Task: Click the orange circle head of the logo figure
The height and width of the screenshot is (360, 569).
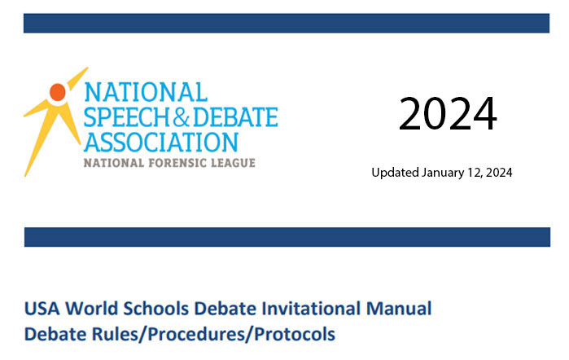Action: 58,92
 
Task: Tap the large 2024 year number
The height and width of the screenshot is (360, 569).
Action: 448,114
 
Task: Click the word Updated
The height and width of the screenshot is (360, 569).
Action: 395,173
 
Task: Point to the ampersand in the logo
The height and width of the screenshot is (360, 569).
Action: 181,117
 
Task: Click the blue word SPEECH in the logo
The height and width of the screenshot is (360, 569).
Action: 127,117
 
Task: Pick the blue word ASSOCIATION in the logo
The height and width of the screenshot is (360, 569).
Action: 161,142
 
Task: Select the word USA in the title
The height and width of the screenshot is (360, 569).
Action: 42,309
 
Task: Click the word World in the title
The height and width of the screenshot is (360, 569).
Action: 92,309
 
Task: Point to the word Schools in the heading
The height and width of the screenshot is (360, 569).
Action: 156,309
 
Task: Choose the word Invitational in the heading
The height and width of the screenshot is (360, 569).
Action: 311,309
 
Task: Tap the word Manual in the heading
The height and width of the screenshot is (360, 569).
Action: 399,309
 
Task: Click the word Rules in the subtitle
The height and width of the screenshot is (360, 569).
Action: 116,334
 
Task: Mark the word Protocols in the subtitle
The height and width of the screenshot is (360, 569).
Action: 295,334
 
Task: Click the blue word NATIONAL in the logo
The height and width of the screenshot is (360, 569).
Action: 146,92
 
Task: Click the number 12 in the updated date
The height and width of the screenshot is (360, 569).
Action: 475,173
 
